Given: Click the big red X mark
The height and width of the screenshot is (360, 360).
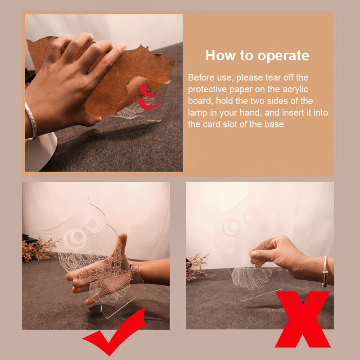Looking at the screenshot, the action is click(302, 319).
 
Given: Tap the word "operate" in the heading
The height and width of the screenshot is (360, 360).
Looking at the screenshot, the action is click(283, 56).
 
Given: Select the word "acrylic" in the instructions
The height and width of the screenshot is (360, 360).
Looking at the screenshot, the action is click(295, 89).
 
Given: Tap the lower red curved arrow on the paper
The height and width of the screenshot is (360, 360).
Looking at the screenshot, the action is click(148, 104).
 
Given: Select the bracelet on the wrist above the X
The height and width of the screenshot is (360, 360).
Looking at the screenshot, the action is click(324, 272).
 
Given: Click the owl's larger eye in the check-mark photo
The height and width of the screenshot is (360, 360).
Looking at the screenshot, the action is click(75, 239).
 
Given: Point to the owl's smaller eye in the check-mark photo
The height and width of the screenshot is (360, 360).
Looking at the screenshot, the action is click(94, 222).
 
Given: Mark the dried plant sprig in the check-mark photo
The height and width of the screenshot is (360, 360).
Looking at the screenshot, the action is click(38, 249).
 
